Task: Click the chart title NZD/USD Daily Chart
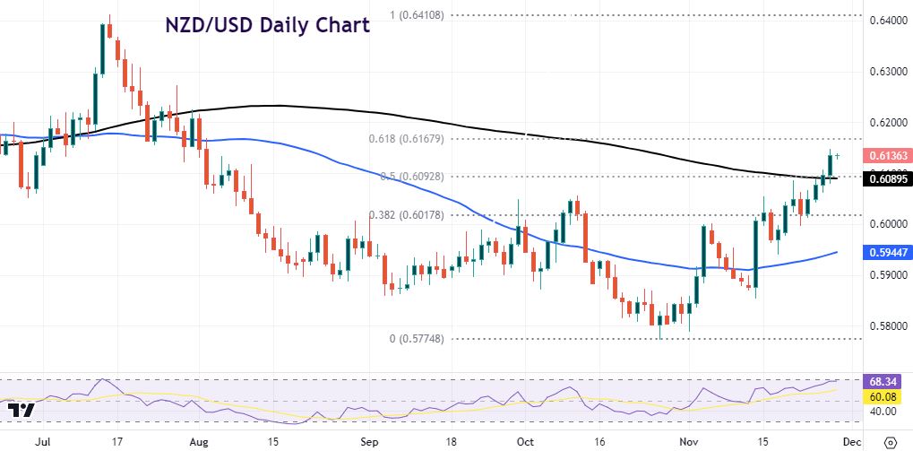tap(267, 24)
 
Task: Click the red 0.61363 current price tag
tap(888, 155)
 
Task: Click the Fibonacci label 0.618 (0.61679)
tap(404, 139)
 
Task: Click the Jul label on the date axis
tap(42, 441)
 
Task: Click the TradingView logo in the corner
tap(21, 411)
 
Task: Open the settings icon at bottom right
tap(890, 441)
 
